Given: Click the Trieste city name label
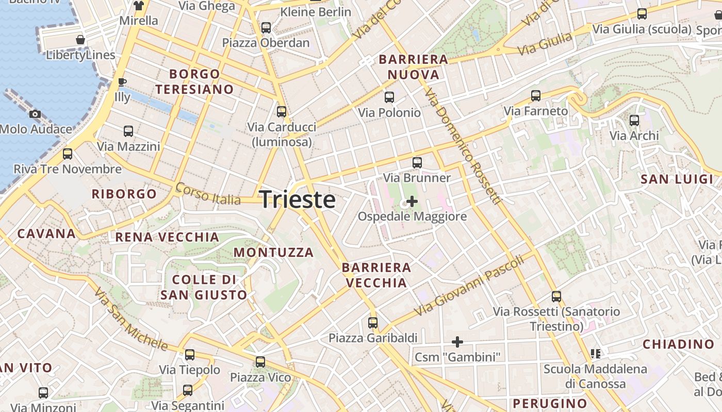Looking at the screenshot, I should click(x=298, y=199).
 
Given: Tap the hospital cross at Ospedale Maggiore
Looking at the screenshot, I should click(x=412, y=201).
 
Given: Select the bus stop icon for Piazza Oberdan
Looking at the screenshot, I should click(x=266, y=28).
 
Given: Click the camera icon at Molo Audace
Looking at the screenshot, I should click(x=35, y=114).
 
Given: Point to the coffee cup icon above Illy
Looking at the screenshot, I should click(x=122, y=81).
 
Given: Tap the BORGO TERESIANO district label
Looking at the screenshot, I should click(x=195, y=82).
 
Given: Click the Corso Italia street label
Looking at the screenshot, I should click(x=208, y=193).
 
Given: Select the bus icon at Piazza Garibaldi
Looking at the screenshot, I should click(x=373, y=323).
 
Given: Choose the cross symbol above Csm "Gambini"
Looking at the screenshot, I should click(x=457, y=341).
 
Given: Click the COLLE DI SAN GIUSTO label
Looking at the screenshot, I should click(x=204, y=287).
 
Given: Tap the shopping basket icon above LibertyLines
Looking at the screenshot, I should click(x=80, y=40).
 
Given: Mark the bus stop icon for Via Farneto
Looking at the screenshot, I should click(x=536, y=96).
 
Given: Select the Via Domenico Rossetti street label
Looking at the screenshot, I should click(x=463, y=147).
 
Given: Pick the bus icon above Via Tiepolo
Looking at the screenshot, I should click(x=190, y=355).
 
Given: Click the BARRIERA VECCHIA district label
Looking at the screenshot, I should click(x=376, y=275).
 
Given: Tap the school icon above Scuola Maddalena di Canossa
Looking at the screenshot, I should click(x=596, y=354).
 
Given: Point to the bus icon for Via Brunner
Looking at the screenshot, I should click(x=417, y=163).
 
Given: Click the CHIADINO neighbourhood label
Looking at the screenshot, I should click(x=678, y=344).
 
